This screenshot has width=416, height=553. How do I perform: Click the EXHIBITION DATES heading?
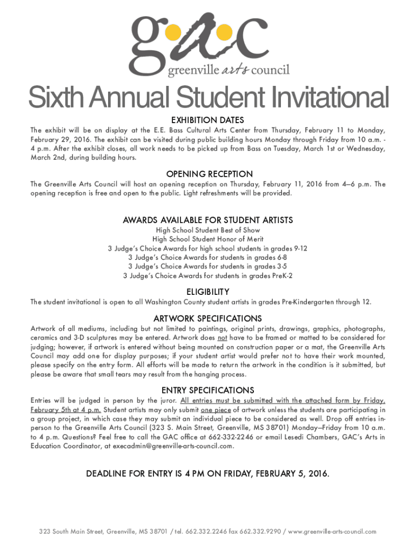click(x=207, y=120)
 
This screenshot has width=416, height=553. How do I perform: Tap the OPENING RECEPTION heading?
click(x=209, y=174)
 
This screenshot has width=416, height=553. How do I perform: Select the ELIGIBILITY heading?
click(x=208, y=291)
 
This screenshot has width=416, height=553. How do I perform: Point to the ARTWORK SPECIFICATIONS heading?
click(x=208, y=318)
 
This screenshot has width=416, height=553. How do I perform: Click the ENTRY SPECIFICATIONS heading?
click(x=208, y=390)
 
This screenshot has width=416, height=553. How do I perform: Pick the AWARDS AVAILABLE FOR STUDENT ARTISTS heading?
click(x=208, y=220)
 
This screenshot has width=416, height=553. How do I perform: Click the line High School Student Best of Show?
click(x=208, y=230)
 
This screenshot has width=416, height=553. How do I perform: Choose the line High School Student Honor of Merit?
click(x=208, y=239)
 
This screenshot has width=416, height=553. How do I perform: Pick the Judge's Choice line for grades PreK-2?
click(x=208, y=276)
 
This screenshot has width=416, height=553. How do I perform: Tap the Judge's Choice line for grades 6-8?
click(x=208, y=258)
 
